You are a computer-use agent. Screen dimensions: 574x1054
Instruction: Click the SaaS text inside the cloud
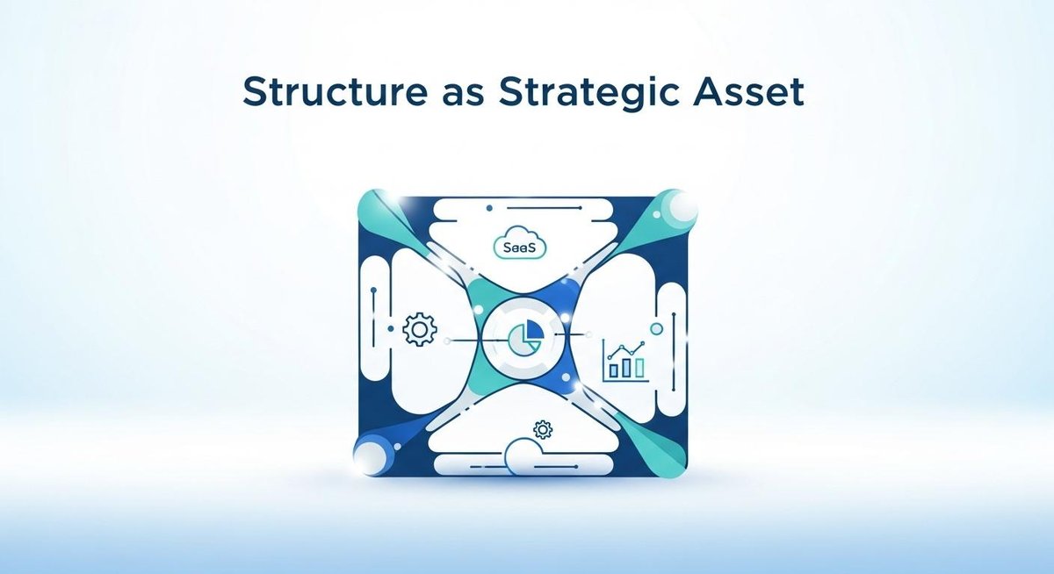pos(520,248)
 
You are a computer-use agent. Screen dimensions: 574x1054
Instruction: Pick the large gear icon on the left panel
pos(419,330)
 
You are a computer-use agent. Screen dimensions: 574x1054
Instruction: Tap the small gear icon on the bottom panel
pos(543,429)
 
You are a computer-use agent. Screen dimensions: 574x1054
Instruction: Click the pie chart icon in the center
pos(524,338)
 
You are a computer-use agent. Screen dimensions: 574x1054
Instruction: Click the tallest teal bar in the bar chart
pos(640,364)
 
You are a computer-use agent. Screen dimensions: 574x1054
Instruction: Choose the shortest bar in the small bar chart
pos(612,370)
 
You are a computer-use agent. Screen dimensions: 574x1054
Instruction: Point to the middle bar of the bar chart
pos(626,366)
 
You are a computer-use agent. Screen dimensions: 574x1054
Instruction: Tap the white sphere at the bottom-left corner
pos(370,458)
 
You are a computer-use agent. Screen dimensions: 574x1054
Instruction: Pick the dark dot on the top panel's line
pos(486,207)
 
